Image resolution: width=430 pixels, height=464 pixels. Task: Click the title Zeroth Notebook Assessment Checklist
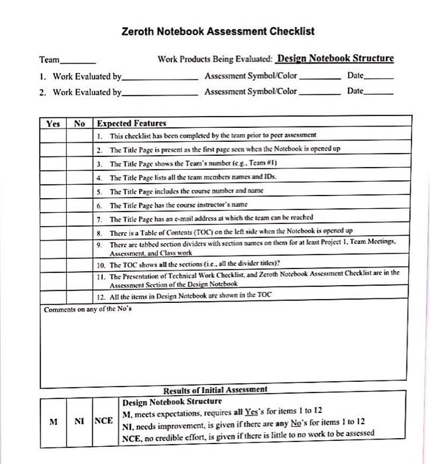[218, 31]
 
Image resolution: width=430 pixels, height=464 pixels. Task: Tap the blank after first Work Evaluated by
[160, 78]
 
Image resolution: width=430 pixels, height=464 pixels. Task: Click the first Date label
[355, 76]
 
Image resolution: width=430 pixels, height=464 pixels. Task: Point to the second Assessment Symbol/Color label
[251, 91]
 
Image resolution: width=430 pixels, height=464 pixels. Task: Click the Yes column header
[53, 123]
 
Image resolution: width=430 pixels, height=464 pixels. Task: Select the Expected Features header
[131, 123]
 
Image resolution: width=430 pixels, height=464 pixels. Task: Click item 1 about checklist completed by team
[212, 135]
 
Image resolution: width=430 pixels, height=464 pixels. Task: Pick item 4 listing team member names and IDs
[192, 177]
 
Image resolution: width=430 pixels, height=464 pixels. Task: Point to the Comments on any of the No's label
[87, 310]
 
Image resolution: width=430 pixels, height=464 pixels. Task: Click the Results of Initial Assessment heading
[215, 389]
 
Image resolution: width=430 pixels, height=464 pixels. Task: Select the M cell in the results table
[53, 421]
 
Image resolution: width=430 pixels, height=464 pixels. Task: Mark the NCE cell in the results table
[103, 421]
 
